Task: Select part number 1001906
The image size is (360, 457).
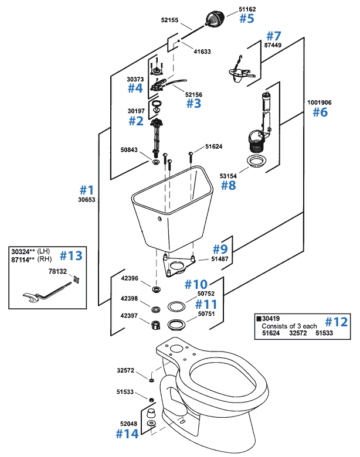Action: (x=319, y=102)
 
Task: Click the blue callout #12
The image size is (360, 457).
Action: (x=337, y=321)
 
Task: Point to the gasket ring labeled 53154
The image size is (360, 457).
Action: (x=256, y=161)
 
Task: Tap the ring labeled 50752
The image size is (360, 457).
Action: (x=175, y=306)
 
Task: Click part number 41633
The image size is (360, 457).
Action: (x=202, y=52)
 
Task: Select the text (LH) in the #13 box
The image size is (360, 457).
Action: (x=49, y=251)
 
